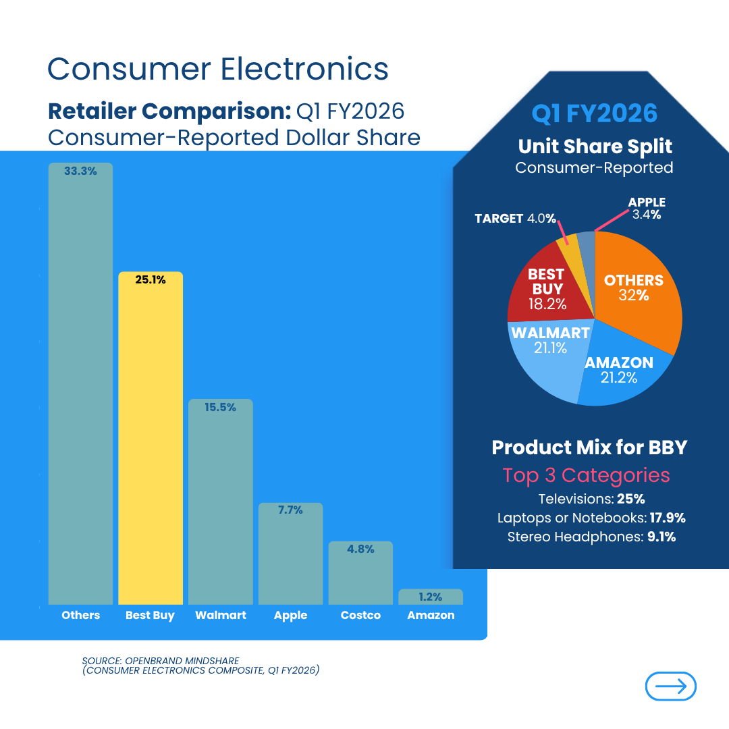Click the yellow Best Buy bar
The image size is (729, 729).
[151, 439]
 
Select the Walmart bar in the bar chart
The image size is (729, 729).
[221, 503]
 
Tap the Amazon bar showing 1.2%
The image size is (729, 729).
[431, 597]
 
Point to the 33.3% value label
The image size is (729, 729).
[80, 171]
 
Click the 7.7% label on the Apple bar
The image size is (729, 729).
[291, 510]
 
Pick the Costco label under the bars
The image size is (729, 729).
[360, 615]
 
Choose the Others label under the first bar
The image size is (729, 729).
[80, 615]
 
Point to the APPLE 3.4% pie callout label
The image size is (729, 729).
[647, 209]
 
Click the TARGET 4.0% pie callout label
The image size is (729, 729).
[515, 219]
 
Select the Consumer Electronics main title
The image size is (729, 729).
[218, 69]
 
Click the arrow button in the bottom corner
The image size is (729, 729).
[670, 686]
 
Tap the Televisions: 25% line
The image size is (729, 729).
[591, 500]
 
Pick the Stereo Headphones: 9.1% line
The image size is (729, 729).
[591, 537]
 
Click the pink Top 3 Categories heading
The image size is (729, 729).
[586, 475]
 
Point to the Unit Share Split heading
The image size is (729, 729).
[595, 146]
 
